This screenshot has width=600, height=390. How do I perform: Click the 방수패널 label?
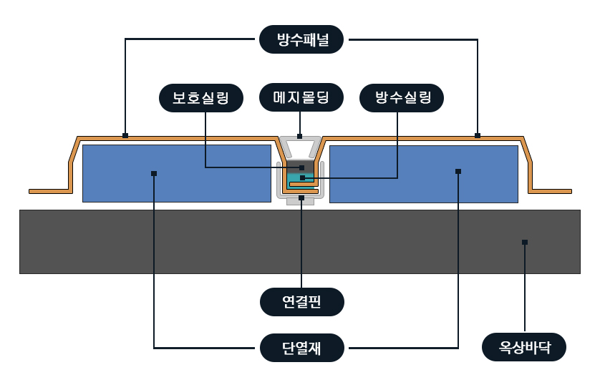[x=301, y=39]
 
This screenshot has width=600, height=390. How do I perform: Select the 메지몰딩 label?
[x=301, y=98]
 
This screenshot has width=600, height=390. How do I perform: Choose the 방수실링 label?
[x=402, y=98]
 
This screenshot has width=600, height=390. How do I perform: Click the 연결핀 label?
[x=301, y=302]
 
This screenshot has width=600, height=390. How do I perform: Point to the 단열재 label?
[x=301, y=348]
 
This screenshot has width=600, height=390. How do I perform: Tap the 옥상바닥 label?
[x=525, y=348]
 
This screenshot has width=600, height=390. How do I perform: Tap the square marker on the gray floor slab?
[x=525, y=243]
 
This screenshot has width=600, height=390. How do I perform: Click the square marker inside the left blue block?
[x=154, y=173]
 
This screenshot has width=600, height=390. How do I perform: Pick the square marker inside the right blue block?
[x=458, y=171]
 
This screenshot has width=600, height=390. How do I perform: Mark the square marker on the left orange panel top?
[x=125, y=135]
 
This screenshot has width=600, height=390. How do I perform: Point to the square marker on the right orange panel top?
[x=478, y=135]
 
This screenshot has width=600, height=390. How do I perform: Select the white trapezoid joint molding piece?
[x=301, y=149]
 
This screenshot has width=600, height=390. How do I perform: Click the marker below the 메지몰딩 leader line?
[x=300, y=136]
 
